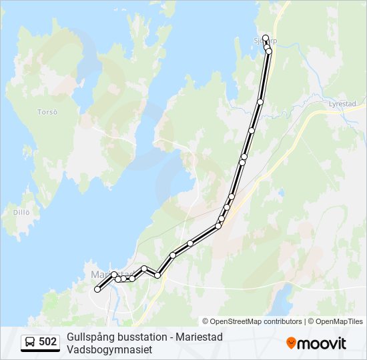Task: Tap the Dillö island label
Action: coord(21,212)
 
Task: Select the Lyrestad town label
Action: coord(343,104)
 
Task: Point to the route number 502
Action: coord(47,342)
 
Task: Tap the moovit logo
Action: coord(316,343)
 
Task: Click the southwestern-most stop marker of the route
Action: coord(97,289)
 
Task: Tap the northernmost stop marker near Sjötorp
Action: coord(266,38)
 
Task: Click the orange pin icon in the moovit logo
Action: coord(291,343)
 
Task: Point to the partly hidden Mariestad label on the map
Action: coord(100,273)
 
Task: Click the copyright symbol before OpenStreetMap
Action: coord(206,321)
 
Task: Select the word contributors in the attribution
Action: coord(282,321)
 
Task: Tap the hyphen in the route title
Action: coord(170,337)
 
